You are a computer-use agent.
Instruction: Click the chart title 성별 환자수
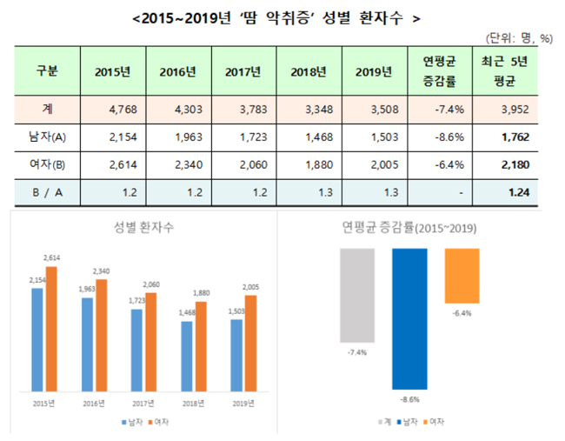(143, 228)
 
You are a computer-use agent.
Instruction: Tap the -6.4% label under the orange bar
(461, 313)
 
